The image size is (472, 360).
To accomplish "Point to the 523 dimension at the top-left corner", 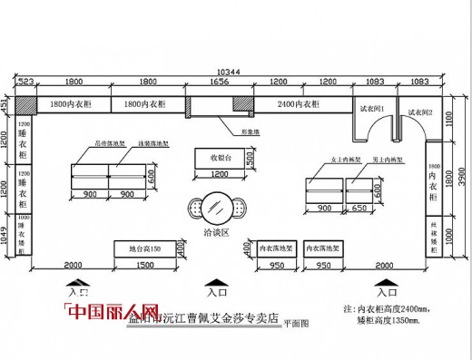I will point(25,82).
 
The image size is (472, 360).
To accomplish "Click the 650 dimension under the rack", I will point(359,209).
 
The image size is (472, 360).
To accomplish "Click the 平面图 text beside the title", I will point(295,322).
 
